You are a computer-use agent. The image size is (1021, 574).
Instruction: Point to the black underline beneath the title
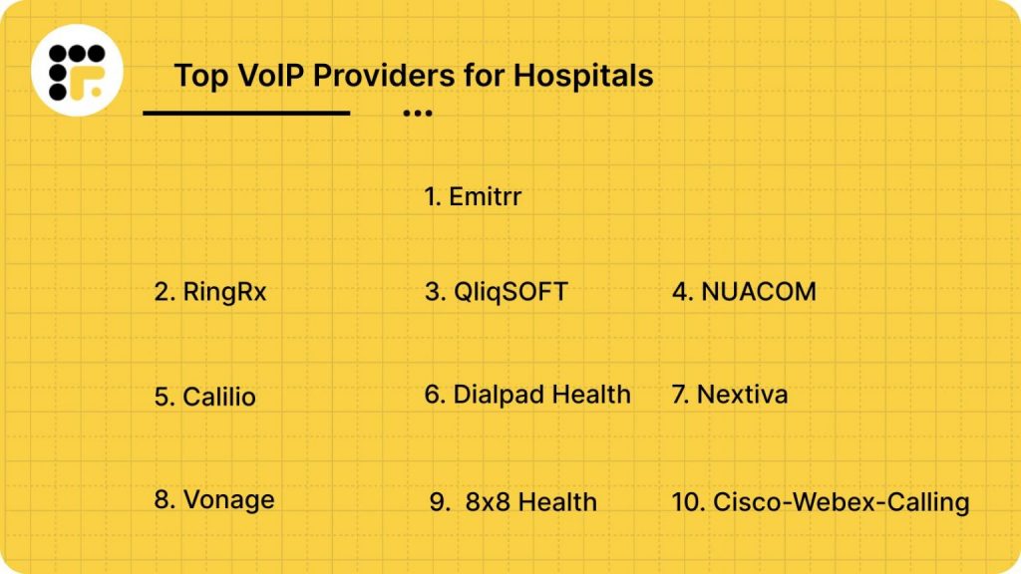(x=246, y=113)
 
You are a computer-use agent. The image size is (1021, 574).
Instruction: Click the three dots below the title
(x=417, y=114)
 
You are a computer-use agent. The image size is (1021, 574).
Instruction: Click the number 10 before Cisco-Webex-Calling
(x=687, y=502)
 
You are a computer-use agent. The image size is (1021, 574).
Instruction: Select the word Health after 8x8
(x=555, y=502)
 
